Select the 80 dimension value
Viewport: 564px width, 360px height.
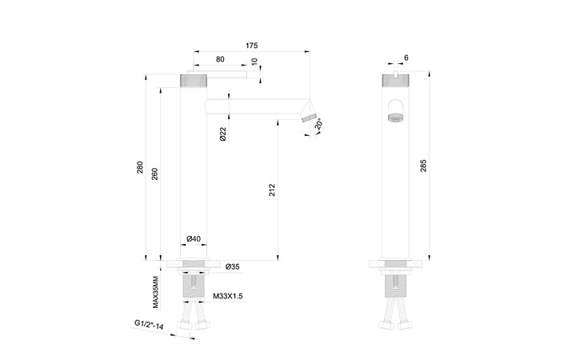219,58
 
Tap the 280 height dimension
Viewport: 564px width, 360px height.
141,169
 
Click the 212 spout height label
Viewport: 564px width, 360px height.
273,190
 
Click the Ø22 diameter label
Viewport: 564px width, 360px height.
222,134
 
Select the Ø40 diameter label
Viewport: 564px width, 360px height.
193,239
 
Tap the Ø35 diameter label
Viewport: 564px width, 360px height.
233,265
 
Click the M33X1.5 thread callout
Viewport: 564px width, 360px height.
228,296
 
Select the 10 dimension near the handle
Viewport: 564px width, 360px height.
254,62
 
